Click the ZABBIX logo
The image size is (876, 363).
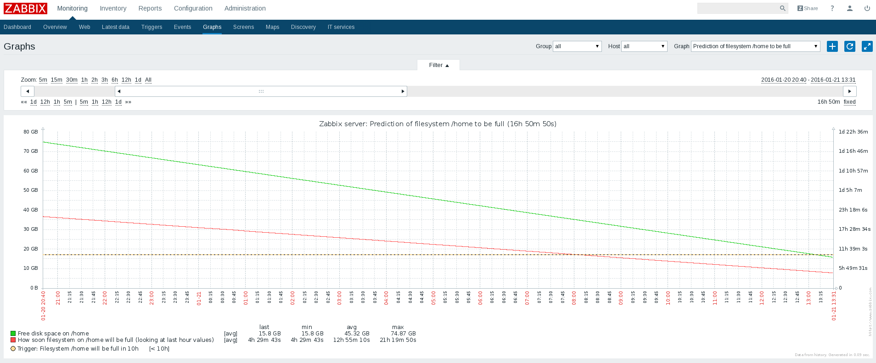(25, 8)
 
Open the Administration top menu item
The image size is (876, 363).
(245, 8)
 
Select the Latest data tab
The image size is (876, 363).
(115, 27)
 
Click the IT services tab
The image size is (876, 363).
(341, 27)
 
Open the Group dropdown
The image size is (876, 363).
(577, 46)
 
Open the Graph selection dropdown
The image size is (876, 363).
(755, 46)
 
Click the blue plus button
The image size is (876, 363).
(832, 46)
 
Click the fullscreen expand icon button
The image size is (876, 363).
(867, 46)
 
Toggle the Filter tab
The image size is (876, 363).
(438, 65)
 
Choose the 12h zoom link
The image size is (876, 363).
(126, 80)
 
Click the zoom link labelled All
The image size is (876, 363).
(148, 80)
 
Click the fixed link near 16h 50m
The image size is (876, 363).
(849, 102)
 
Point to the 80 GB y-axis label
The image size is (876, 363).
(31, 132)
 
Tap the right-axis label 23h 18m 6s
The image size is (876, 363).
(853, 210)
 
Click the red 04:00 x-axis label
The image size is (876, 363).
(386, 298)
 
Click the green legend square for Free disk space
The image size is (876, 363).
(13, 334)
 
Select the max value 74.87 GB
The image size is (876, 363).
(403, 334)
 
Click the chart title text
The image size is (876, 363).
(438, 124)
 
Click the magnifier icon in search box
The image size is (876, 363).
(782, 8)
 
